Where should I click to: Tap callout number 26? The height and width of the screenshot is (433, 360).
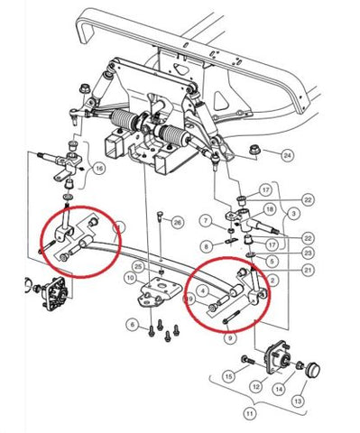[x=177, y=222]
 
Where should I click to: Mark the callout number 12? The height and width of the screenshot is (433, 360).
[x=256, y=387]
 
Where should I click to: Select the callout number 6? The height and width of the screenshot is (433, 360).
[x=133, y=324]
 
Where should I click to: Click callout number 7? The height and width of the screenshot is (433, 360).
[x=205, y=220]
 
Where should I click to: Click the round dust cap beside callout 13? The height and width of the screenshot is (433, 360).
[x=315, y=369]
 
